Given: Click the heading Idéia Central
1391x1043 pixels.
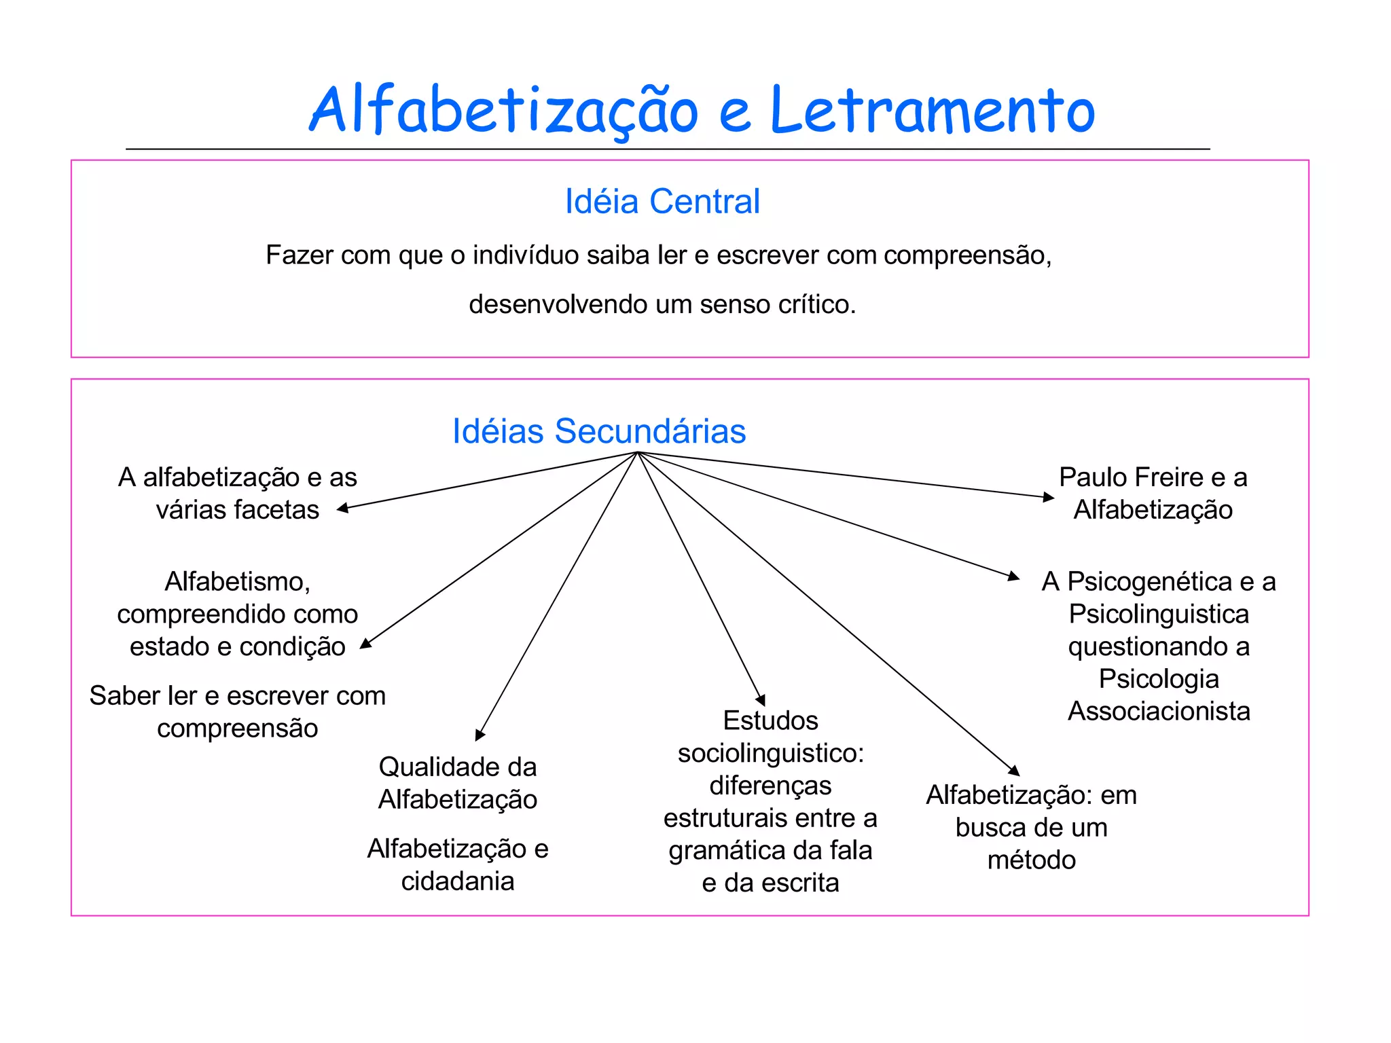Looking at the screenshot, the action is click(x=662, y=202).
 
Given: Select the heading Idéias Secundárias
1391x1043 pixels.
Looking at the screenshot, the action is click(x=599, y=431).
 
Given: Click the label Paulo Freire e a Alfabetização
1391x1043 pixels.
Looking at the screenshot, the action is click(x=1153, y=494).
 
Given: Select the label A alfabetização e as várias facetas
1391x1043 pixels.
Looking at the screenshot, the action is click(x=237, y=494).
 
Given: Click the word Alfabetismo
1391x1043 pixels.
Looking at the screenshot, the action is click(x=237, y=582).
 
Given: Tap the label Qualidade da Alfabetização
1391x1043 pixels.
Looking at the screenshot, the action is click(x=458, y=783).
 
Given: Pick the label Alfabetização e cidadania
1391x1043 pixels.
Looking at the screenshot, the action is click(x=458, y=864).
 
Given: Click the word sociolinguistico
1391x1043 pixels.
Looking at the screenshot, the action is click(x=770, y=753).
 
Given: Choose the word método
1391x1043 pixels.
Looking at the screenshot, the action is click(x=1031, y=860).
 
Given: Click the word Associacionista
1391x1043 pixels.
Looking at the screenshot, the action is click(x=1159, y=711).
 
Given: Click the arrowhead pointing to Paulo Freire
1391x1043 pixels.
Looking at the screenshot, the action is click(x=1049, y=498).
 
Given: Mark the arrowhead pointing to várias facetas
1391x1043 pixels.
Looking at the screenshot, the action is click(x=343, y=508).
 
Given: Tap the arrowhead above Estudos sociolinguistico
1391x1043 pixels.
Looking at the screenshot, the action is click(x=761, y=701).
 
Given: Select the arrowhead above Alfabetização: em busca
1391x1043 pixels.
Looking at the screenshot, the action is click(x=1014, y=771).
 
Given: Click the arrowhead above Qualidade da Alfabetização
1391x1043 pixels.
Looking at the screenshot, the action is click(x=480, y=735).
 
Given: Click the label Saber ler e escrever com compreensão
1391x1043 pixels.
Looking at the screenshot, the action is click(x=237, y=712).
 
